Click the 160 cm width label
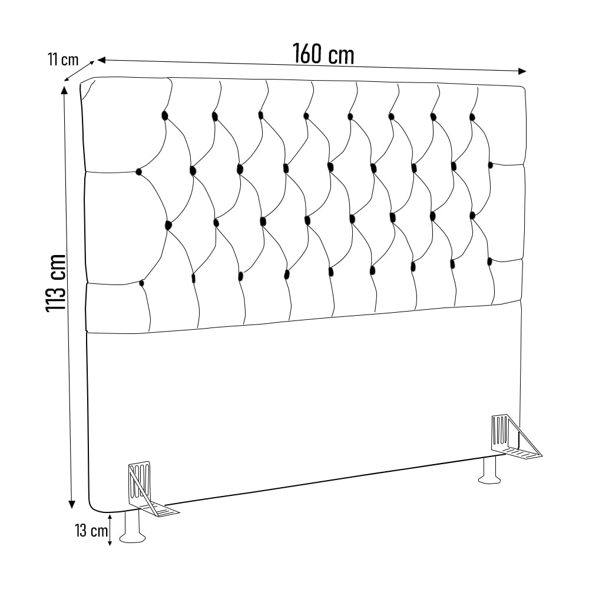coord(323,54)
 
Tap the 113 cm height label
coord(56,283)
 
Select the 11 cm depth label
coord(63,59)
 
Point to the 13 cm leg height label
coord(91,531)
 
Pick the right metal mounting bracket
coord(513,436)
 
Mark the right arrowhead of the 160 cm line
coord(522,71)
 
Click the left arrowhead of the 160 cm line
coord(102,59)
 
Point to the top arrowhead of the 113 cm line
coord(64,91)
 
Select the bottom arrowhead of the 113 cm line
coord(71,504)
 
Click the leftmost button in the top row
coord(164,115)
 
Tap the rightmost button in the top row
coord(472,117)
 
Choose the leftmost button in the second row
coord(138,172)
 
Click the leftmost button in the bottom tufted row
coord(141,283)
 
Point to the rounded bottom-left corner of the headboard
coord(94,508)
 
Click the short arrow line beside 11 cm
coord(79,71)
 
